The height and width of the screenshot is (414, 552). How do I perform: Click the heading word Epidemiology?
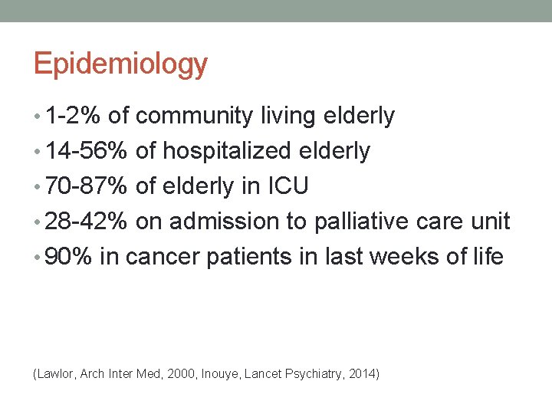(x=120, y=64)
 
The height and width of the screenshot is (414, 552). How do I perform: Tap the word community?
(x=193, y=117)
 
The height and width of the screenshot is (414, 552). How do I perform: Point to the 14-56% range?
(x=87, y=152)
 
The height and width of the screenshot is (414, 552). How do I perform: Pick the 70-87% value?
(x=87, y=186)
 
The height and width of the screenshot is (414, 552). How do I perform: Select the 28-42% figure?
(x=87, y=222)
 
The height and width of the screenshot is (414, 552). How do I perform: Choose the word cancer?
(x=162, y=257)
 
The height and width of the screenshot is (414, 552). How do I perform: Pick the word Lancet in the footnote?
(x=263, y=374)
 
